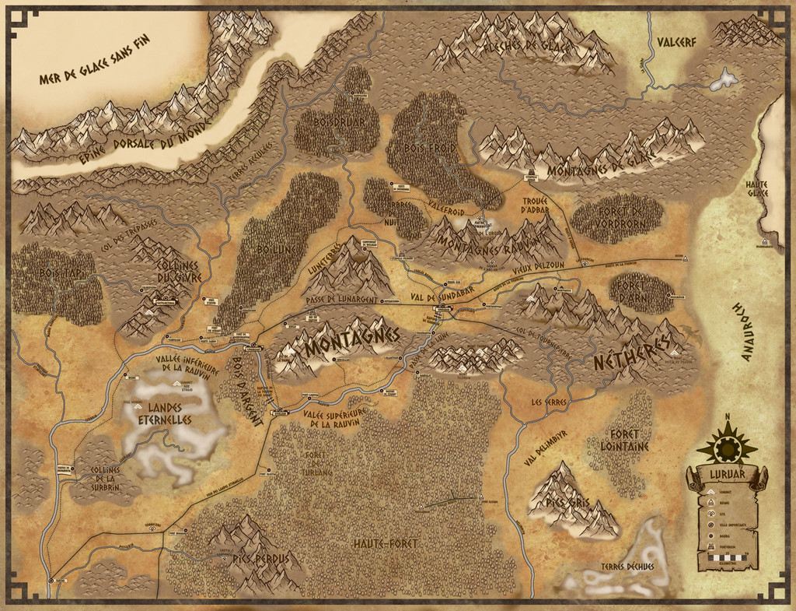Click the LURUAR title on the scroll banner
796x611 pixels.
click(727, 474)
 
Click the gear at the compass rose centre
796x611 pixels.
click(727, 448)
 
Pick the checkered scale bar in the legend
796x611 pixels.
click(727, 558)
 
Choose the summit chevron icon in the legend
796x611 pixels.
click(710, 493)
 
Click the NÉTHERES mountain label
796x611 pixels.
click(631, 355)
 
